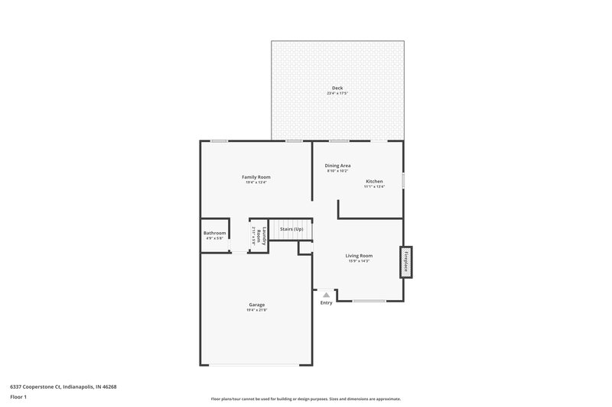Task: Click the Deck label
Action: click(x=337, y=88)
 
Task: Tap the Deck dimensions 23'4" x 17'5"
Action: click(x=337, y=93)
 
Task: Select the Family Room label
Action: click(x=256, y=176)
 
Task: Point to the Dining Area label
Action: click(x=337, y=165)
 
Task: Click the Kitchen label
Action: click(x=374, y=181)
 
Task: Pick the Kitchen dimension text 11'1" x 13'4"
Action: click(x=374, y=186)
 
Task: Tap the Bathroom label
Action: click(x=214, y=233)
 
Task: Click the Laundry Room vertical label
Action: click(x=259, y=235)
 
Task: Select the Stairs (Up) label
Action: click(x=291, y=229)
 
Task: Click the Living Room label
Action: click(x=359, y=255)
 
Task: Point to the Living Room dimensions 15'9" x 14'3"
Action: click(x=359, y=261)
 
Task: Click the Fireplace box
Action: click(x=406, y=262)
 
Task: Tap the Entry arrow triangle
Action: click(x=327, y=294)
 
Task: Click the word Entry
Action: click(x=327, y=303)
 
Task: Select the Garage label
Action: click(x=256, y=304)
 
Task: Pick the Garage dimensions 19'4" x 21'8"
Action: click(x=256, y=310)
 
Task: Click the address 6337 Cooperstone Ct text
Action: click(x=63, y=386)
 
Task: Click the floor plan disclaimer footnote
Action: click(x=305, y=399)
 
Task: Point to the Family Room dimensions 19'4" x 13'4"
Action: click(x=256, y=183)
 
